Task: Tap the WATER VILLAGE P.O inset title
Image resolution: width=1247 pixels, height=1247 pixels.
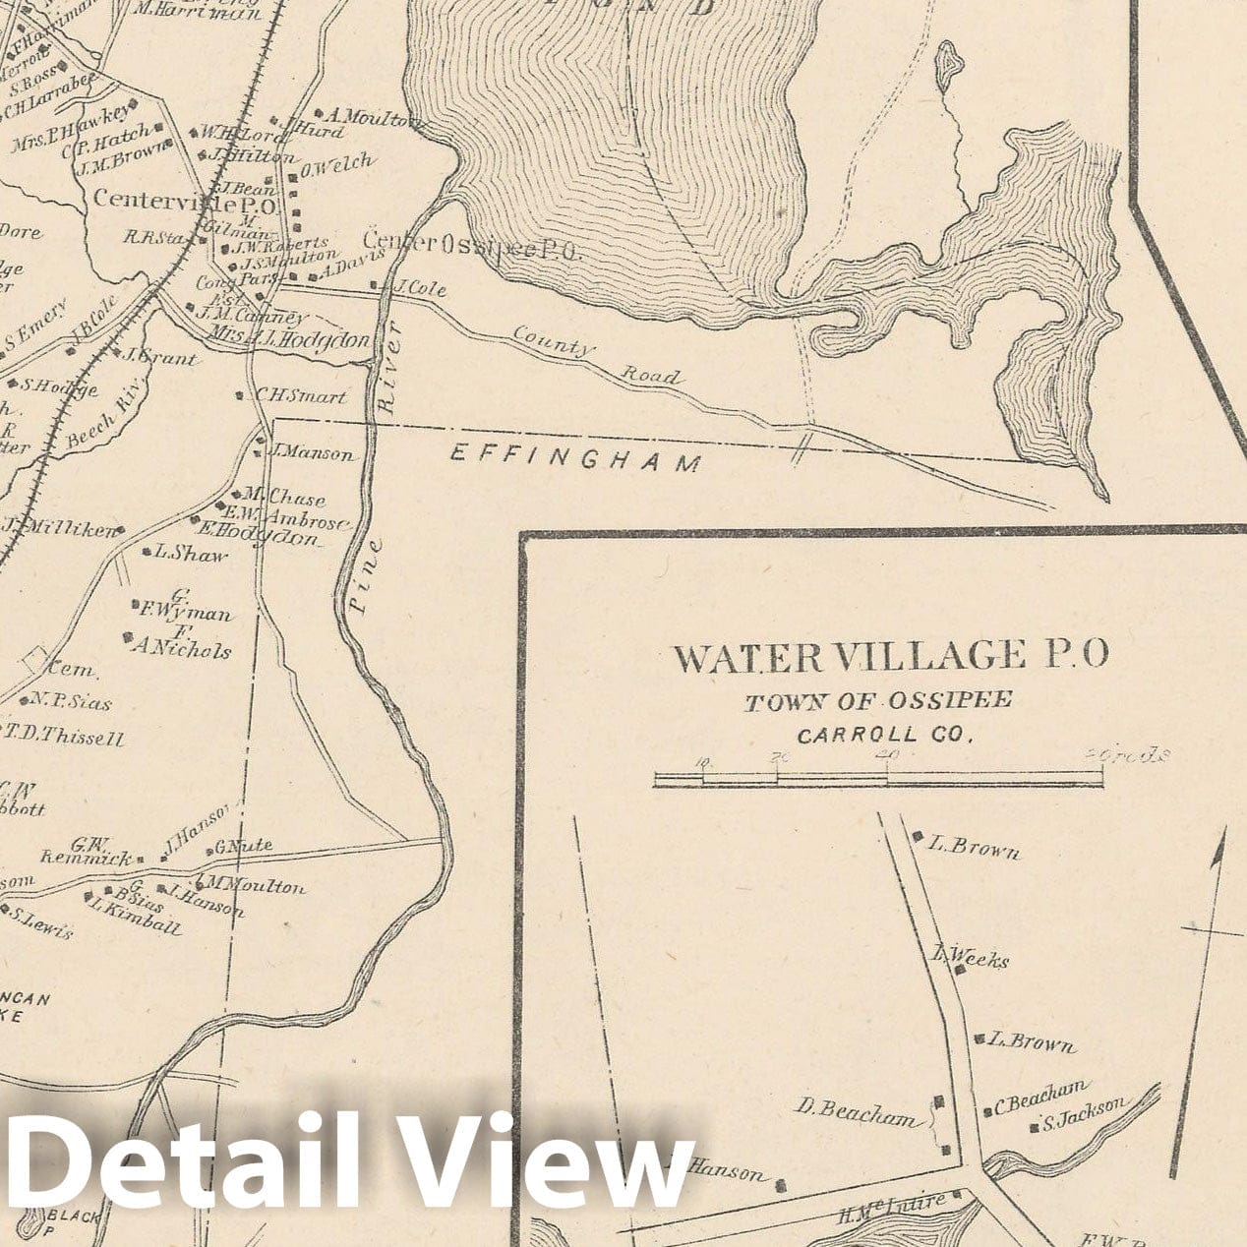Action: tap(890, 656)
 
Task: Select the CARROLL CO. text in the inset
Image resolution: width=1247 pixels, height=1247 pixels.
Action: tap(884, 735)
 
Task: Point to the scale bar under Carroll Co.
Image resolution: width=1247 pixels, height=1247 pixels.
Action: tap(878, 779)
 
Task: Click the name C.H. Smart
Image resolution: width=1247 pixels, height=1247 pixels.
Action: tap(300, 396)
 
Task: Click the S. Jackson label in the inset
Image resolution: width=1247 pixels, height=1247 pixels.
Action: tap(1085, 1112)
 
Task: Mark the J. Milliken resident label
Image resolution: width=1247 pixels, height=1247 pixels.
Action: tap(66, 528)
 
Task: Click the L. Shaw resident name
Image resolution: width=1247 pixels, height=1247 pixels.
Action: tap(190, 554)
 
